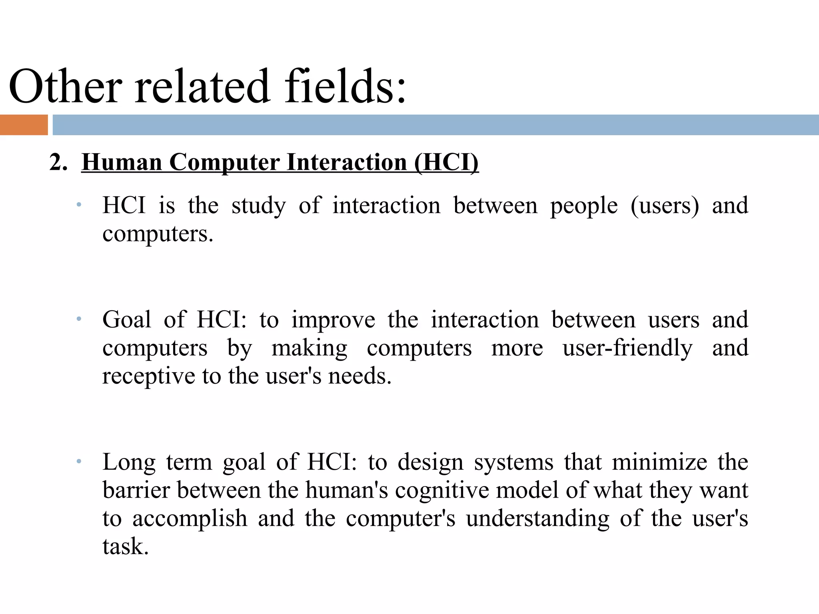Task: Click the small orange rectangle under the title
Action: (24, 125)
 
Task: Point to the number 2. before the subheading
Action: (58, 163)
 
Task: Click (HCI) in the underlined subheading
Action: (446, 163)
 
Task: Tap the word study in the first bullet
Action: (259, 205)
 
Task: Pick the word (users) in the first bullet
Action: (665, 205)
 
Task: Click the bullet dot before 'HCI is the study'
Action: (79, 205)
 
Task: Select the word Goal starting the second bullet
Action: (127, 319)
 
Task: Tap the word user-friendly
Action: (627, 348)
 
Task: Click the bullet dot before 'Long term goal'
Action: (79, 461)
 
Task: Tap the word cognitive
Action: (442, 490)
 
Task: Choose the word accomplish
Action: (190, 518)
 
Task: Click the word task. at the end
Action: (126, 546)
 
